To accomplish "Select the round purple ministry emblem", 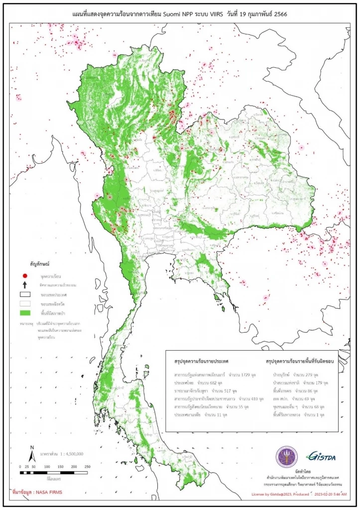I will point(287,456).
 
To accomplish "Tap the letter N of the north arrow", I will point(32,447).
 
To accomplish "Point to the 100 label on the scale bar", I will point(46,466).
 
